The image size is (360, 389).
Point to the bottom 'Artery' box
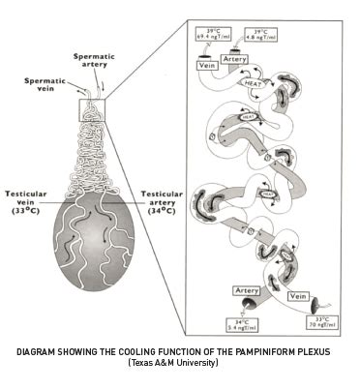[x=246, y=289]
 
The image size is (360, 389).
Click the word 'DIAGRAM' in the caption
[x=44, y=352]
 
